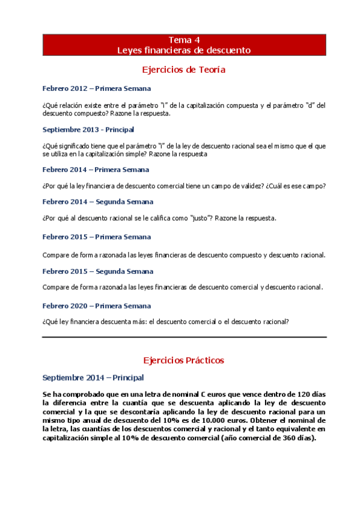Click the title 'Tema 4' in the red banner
(x=184, y=40)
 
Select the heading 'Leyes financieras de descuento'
(x=184, y=50)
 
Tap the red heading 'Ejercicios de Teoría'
(x=184, y=70)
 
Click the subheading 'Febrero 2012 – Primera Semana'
(x=97, y=88)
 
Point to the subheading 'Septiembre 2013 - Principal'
(x=88, y=129)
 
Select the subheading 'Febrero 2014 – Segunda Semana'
(x=98, y=201)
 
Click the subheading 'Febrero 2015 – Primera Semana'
(x=97, y=237)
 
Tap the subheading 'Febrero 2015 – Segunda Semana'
(x=98, y=271)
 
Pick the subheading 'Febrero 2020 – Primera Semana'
(x=97, y=306)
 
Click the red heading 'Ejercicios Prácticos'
(x=184, y=360)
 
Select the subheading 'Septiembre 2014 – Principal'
(x=93, y=378)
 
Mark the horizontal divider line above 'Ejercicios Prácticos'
(x=184, y=337)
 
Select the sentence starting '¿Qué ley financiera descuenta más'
(x=166, y=321)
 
